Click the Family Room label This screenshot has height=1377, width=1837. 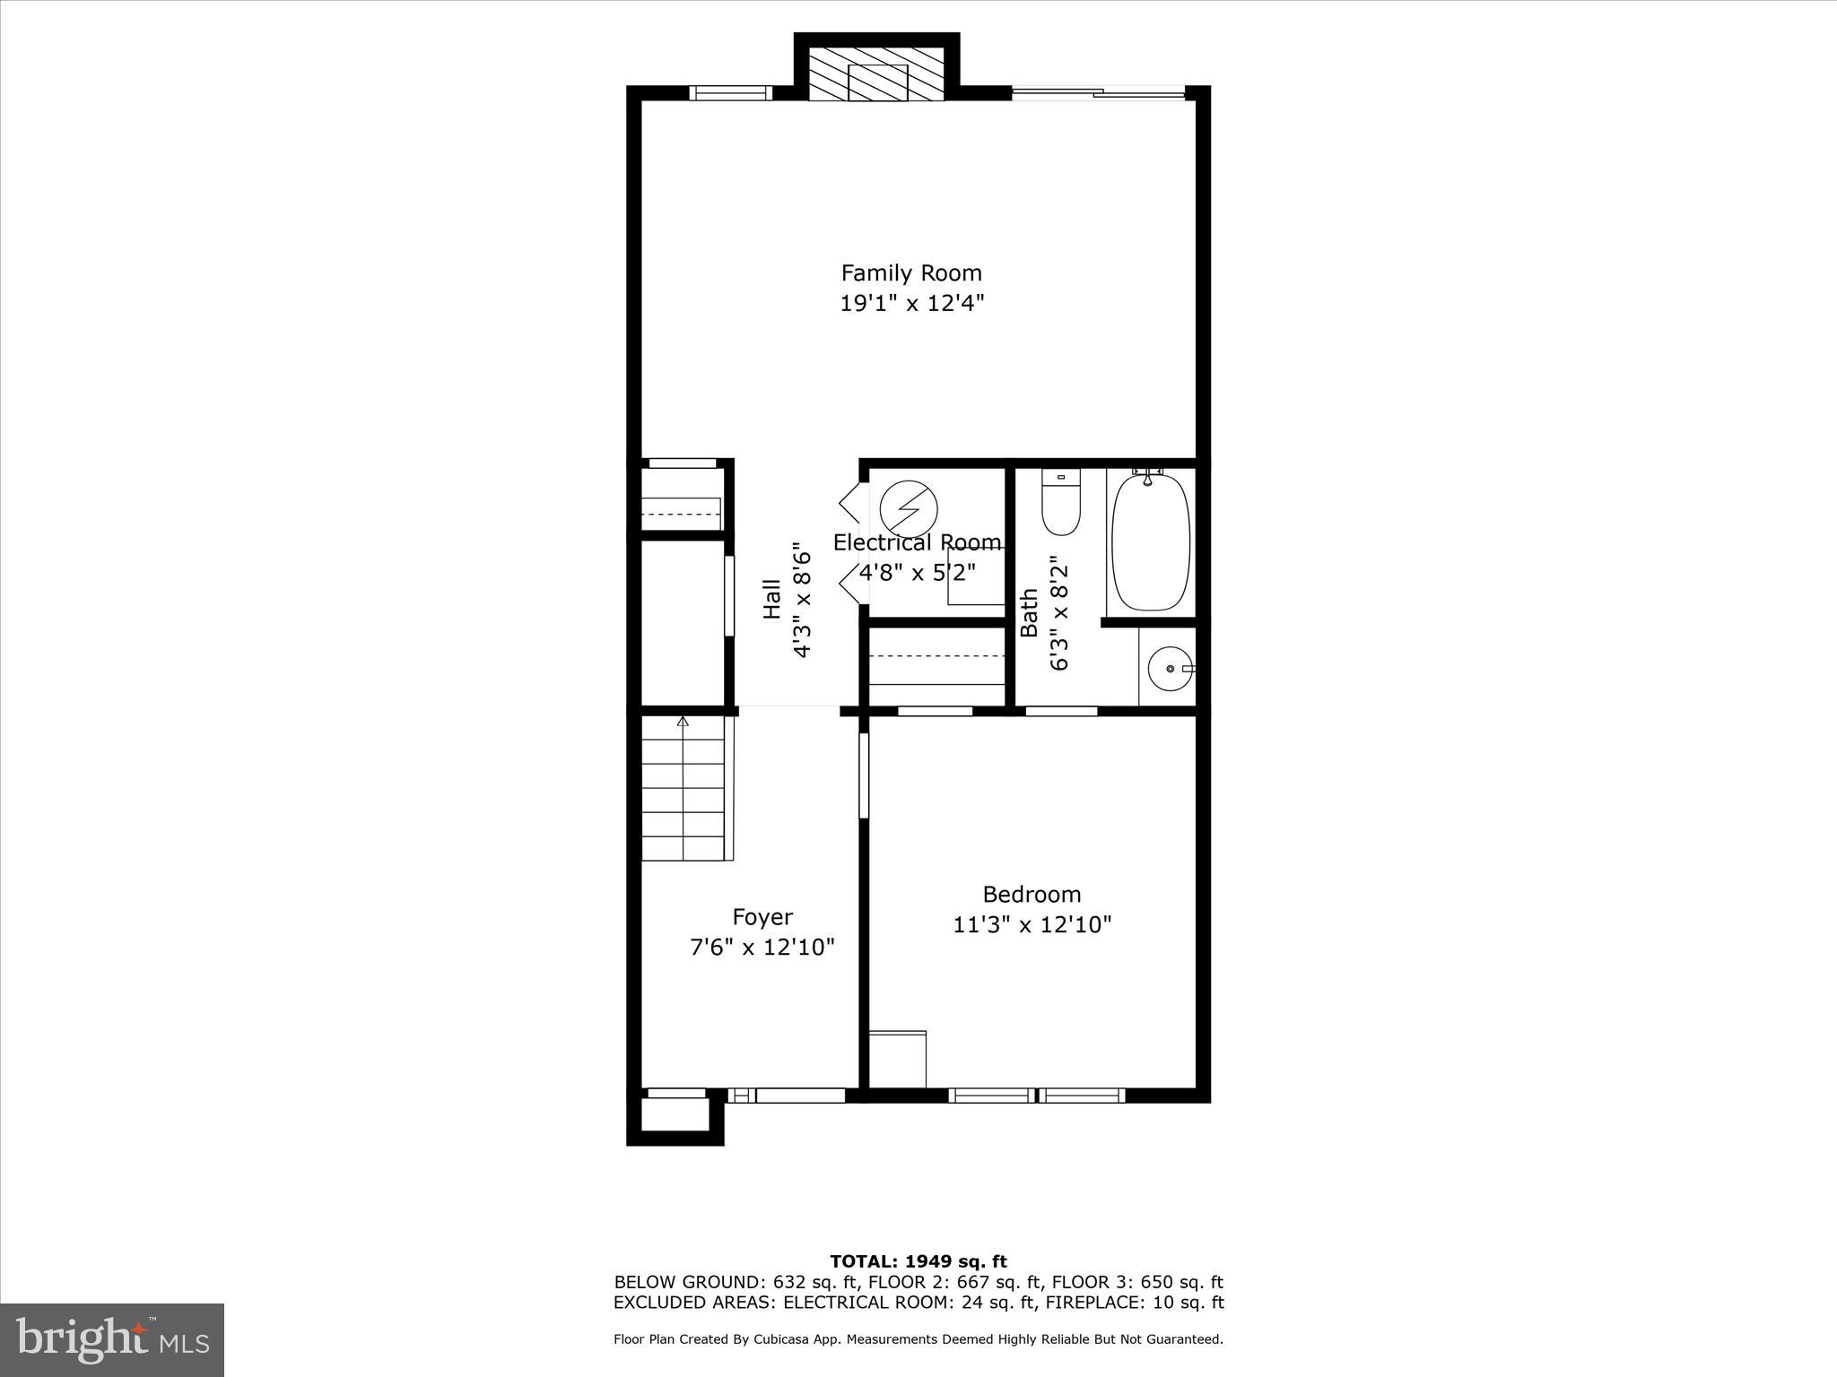(x=910, y=273)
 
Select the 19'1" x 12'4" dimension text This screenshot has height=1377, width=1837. (x=911, y=303)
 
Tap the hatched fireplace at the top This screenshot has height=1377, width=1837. (x=876, y=74)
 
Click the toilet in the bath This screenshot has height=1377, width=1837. (x=1061, y=504)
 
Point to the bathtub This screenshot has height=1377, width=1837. (x=1151, y=542)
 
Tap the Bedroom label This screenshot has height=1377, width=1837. (x=1032, y=894)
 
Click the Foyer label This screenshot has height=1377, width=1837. (x=762, y=916)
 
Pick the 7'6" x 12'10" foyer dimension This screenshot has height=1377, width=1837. (x=762, y=947)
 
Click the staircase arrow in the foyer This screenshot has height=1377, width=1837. (x=683, y=723)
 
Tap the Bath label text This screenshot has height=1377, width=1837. (x=1030, y=612)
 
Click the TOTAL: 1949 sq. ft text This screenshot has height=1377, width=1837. (x=918, y=1262)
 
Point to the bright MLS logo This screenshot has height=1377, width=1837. (x=112, y=1339)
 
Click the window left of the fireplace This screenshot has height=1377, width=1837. (x=730, y=92)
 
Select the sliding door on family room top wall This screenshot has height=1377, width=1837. (x=1099, y=91)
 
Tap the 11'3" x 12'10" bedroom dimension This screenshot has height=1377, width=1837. (x=1032, y=924)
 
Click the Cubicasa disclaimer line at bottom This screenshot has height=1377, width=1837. (x=918, y=1339)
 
